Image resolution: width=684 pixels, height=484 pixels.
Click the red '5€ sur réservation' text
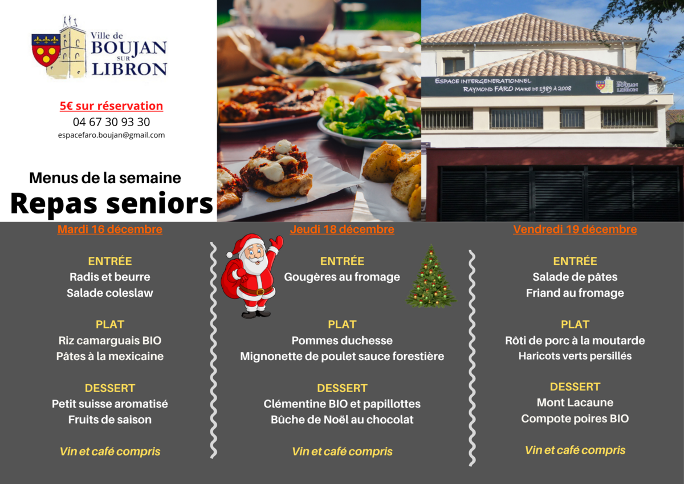point(111,106)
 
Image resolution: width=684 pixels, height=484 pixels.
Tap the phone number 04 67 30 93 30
point(111,122)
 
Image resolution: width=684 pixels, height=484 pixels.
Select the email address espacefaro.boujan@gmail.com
point(111,135)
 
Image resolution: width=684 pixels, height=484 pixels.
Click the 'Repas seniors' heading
point(112,204)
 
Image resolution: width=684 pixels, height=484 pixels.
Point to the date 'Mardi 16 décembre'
point(109,229)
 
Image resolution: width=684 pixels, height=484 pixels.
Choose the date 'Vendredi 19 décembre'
point(575,229)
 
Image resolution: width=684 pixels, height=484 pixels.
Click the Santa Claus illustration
point(252,276)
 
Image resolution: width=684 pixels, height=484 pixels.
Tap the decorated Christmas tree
point(431,276)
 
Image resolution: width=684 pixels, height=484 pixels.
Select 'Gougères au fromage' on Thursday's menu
point(342,277)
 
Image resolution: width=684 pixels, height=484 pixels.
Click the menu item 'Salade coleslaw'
point(109,293)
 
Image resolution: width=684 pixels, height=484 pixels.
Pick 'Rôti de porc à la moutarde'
point(575,340)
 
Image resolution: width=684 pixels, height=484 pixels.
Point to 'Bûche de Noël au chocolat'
point(342,420)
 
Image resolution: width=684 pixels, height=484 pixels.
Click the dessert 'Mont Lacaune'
point(575,403)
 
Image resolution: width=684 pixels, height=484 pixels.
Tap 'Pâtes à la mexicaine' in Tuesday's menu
point(109,356)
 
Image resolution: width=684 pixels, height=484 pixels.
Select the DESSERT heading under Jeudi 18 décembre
point(342,388)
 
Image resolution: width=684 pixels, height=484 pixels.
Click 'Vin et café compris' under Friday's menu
point(575,450)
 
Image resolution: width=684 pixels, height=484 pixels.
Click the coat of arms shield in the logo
point(46,50)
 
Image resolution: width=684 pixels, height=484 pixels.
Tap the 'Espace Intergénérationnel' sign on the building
point(535,84)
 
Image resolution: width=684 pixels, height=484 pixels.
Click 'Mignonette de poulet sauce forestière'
point(342,356)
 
